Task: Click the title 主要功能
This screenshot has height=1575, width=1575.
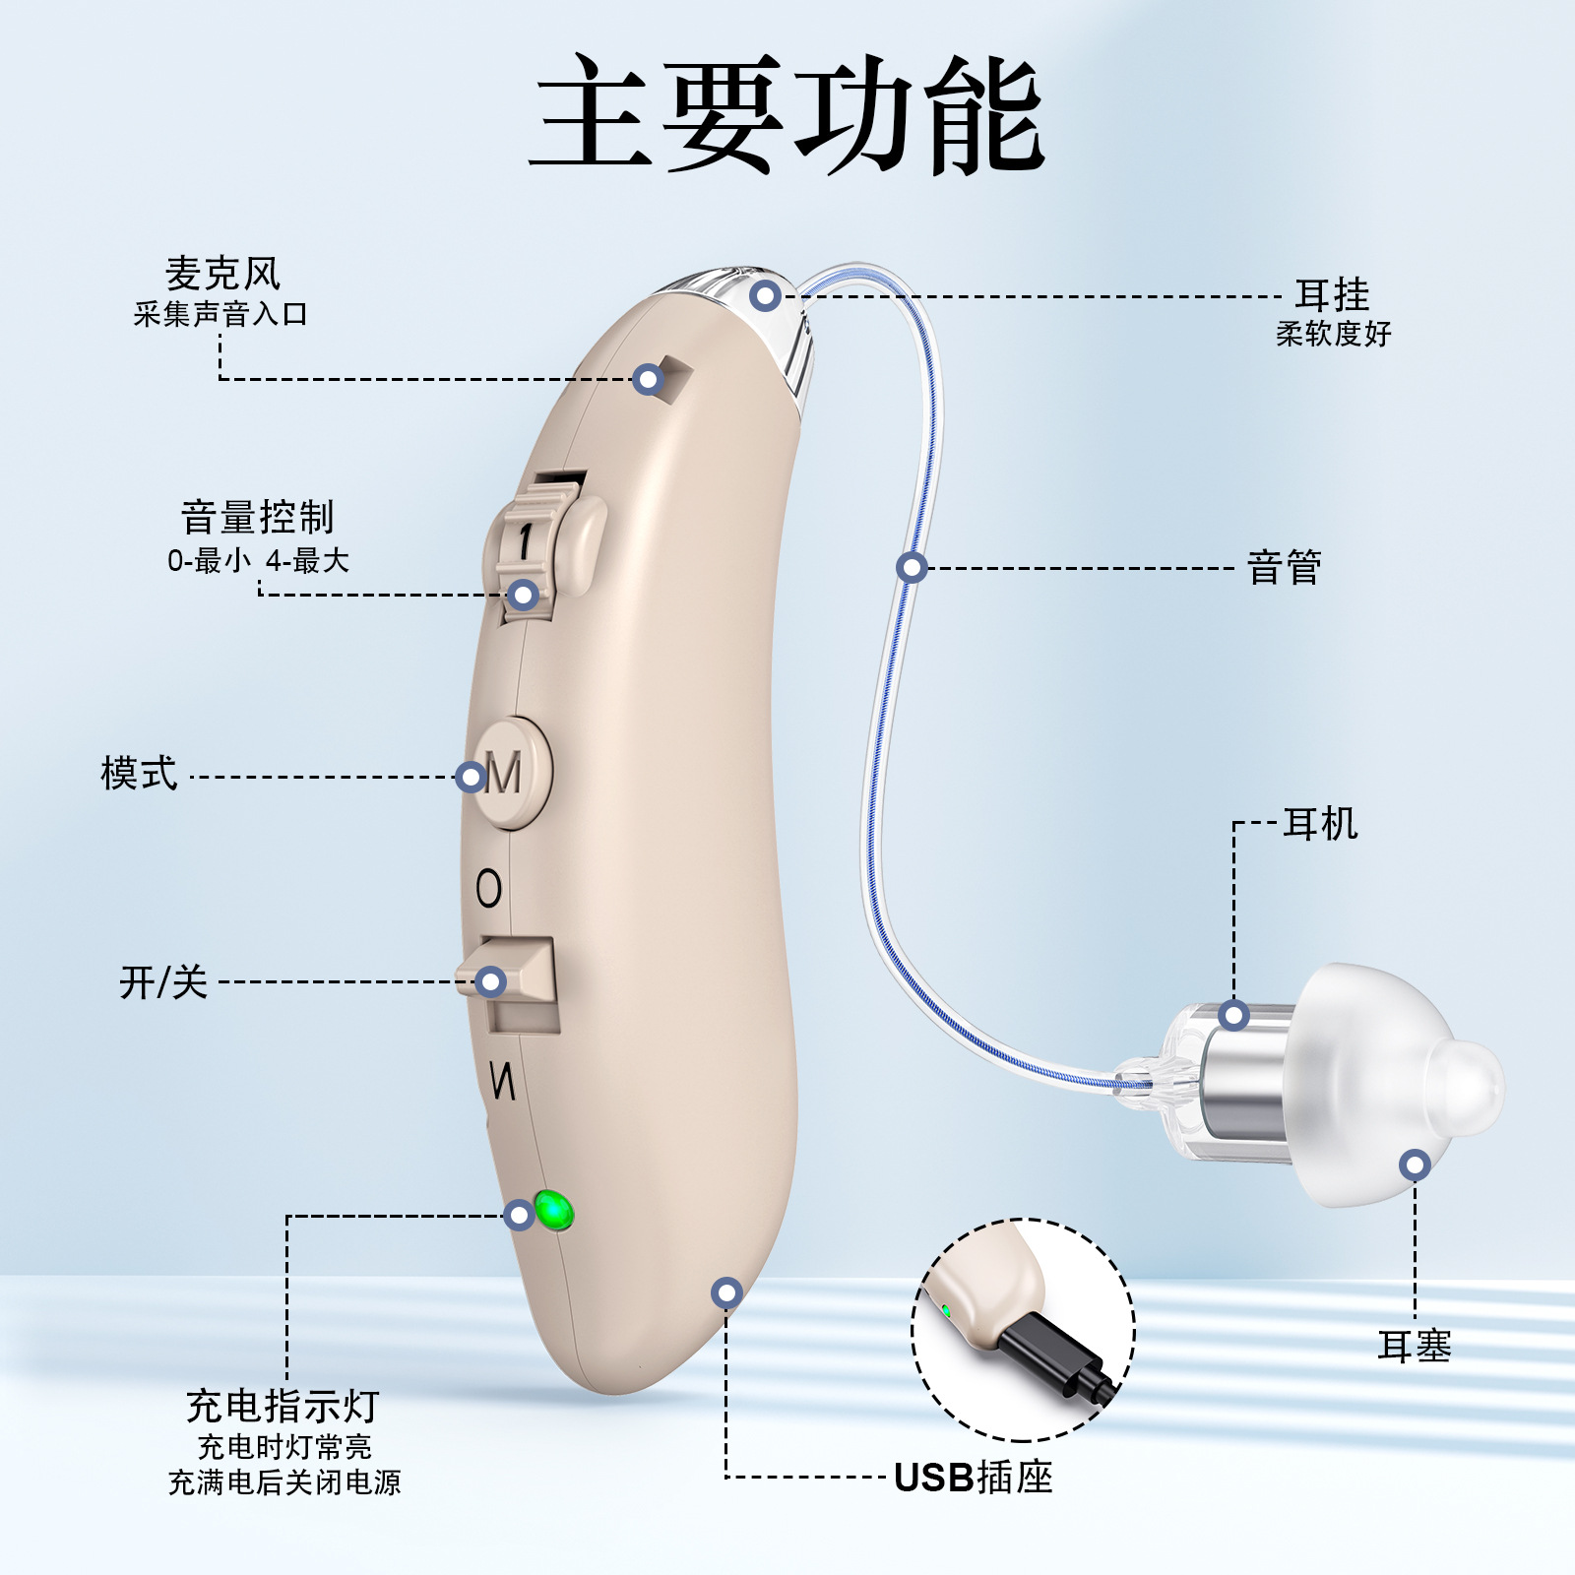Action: [x=787, y=113]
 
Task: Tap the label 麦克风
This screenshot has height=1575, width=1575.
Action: [x=222, y=274]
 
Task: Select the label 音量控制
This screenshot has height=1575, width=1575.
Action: [x=258, y=517]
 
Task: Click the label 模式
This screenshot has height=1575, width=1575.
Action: [x=139, y=774]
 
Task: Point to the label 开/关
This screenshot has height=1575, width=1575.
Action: [x=163, y=982]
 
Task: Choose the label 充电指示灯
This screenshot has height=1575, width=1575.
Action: [x=283, y=1407]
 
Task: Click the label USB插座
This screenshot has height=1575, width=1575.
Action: [x=973, y=1478]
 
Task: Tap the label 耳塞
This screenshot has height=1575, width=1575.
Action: [x=1414, y=1346]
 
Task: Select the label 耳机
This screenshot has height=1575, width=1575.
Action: [x=1320, y=824]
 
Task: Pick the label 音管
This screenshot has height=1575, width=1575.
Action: [x=1284, y=568]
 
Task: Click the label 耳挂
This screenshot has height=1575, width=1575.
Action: [x=1332, y=294]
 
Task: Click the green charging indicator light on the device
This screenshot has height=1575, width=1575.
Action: [x=553, y=1211]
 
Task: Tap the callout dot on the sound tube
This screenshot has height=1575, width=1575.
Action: [x=912, y=567]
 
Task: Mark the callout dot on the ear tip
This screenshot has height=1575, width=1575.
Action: [x=1415, y=1165]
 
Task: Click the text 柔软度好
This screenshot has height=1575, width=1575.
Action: [x=1333, y=335]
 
